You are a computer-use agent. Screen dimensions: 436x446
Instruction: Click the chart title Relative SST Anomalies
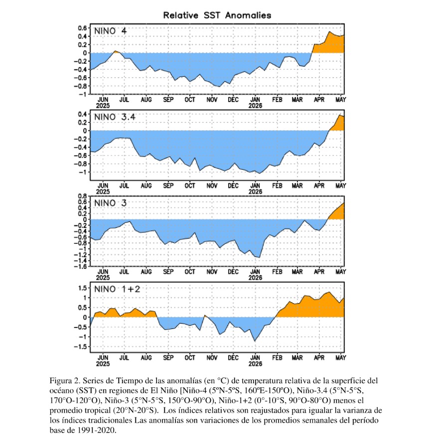point(217,15)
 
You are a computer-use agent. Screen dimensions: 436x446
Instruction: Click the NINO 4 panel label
point(110,31)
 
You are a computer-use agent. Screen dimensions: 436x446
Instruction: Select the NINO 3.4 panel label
point(115,117)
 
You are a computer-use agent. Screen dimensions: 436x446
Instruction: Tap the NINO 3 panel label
point(110,203)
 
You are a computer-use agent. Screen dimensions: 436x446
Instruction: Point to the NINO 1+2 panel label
point(117,289)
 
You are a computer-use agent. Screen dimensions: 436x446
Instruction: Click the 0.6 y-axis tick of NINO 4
point(82,28)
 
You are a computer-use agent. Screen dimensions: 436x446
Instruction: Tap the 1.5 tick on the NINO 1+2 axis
point(82,288)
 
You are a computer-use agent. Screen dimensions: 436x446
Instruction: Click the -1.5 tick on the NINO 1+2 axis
point(80,347)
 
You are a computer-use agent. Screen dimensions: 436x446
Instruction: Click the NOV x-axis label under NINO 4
point(212,100)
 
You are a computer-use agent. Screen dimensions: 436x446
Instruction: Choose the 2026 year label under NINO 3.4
point(255,192)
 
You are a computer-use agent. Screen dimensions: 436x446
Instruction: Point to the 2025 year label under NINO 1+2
point(103,364)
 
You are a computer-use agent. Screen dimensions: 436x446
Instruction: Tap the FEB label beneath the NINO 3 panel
point(277,272)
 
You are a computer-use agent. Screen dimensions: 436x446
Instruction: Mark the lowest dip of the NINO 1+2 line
point(255,341)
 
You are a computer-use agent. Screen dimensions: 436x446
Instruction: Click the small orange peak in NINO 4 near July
point(115,51)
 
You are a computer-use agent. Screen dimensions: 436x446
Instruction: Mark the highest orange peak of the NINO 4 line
point(329,32)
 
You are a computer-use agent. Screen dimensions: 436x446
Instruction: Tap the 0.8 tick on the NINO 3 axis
point(82,196)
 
